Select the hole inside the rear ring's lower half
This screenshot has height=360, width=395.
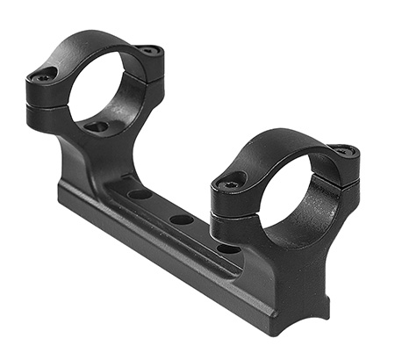98,127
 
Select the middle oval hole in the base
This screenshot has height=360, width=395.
181,220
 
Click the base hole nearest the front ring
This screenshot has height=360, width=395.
226,248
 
